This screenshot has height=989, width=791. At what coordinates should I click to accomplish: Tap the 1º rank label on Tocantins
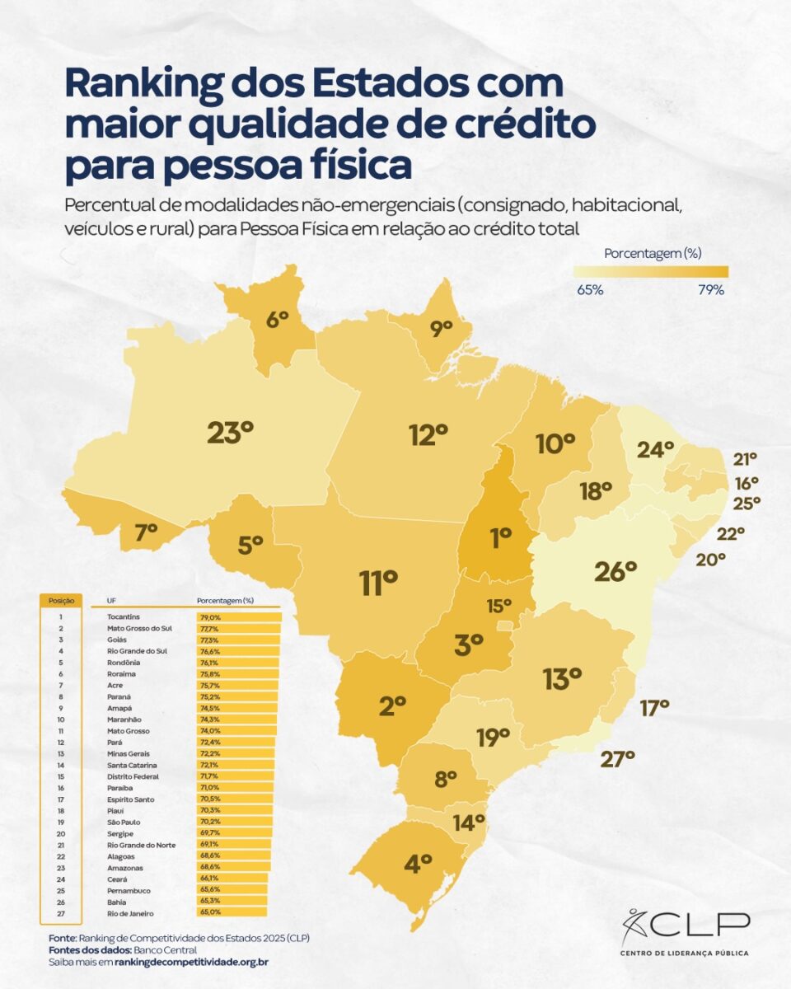tap(500, 538)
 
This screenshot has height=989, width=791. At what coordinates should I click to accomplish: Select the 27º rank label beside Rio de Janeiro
tap(617, 758)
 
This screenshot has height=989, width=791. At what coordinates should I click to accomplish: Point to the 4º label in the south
tap(419, 864)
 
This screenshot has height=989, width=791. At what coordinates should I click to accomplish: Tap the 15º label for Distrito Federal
tap(498, 606)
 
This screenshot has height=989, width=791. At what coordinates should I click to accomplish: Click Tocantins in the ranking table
tap(124, 616)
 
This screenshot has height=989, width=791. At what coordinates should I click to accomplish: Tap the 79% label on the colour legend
tap(711, 290)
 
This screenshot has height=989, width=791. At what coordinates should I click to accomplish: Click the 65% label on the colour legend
tap(590, 290)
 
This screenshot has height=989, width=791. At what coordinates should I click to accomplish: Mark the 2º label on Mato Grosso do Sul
tap(393, 705)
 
